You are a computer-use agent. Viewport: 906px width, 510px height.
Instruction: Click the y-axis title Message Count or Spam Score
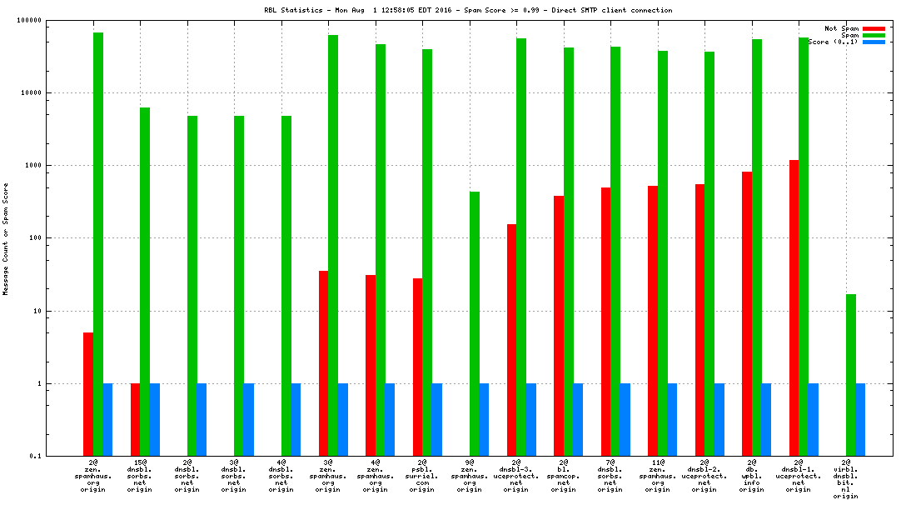(6, 239)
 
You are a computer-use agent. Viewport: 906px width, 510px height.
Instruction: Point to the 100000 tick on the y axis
(30, 20)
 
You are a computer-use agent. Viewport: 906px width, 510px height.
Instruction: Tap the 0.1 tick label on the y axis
(34, 457)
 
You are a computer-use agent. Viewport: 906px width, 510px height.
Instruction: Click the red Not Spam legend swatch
(874, 28)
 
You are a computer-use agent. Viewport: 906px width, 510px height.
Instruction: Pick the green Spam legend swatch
(874, 35)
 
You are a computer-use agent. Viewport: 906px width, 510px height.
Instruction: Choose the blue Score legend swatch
(874, 42)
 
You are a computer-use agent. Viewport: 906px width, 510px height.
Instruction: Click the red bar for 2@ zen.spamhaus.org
(87, 394)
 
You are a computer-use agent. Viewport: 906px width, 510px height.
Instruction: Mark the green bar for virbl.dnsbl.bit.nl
(851, 375)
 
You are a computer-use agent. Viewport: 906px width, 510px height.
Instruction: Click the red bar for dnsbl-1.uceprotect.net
(794, 307)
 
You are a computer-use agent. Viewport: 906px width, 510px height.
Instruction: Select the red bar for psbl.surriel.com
(417, 367)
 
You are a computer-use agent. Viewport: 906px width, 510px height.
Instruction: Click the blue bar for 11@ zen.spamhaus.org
(672, 420)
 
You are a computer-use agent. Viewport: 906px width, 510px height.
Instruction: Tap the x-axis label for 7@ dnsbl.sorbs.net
(610, 475)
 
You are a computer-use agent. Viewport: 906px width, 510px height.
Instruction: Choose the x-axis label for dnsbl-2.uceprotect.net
(704, 475)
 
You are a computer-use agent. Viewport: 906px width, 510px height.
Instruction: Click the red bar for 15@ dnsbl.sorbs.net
(135, 420)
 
